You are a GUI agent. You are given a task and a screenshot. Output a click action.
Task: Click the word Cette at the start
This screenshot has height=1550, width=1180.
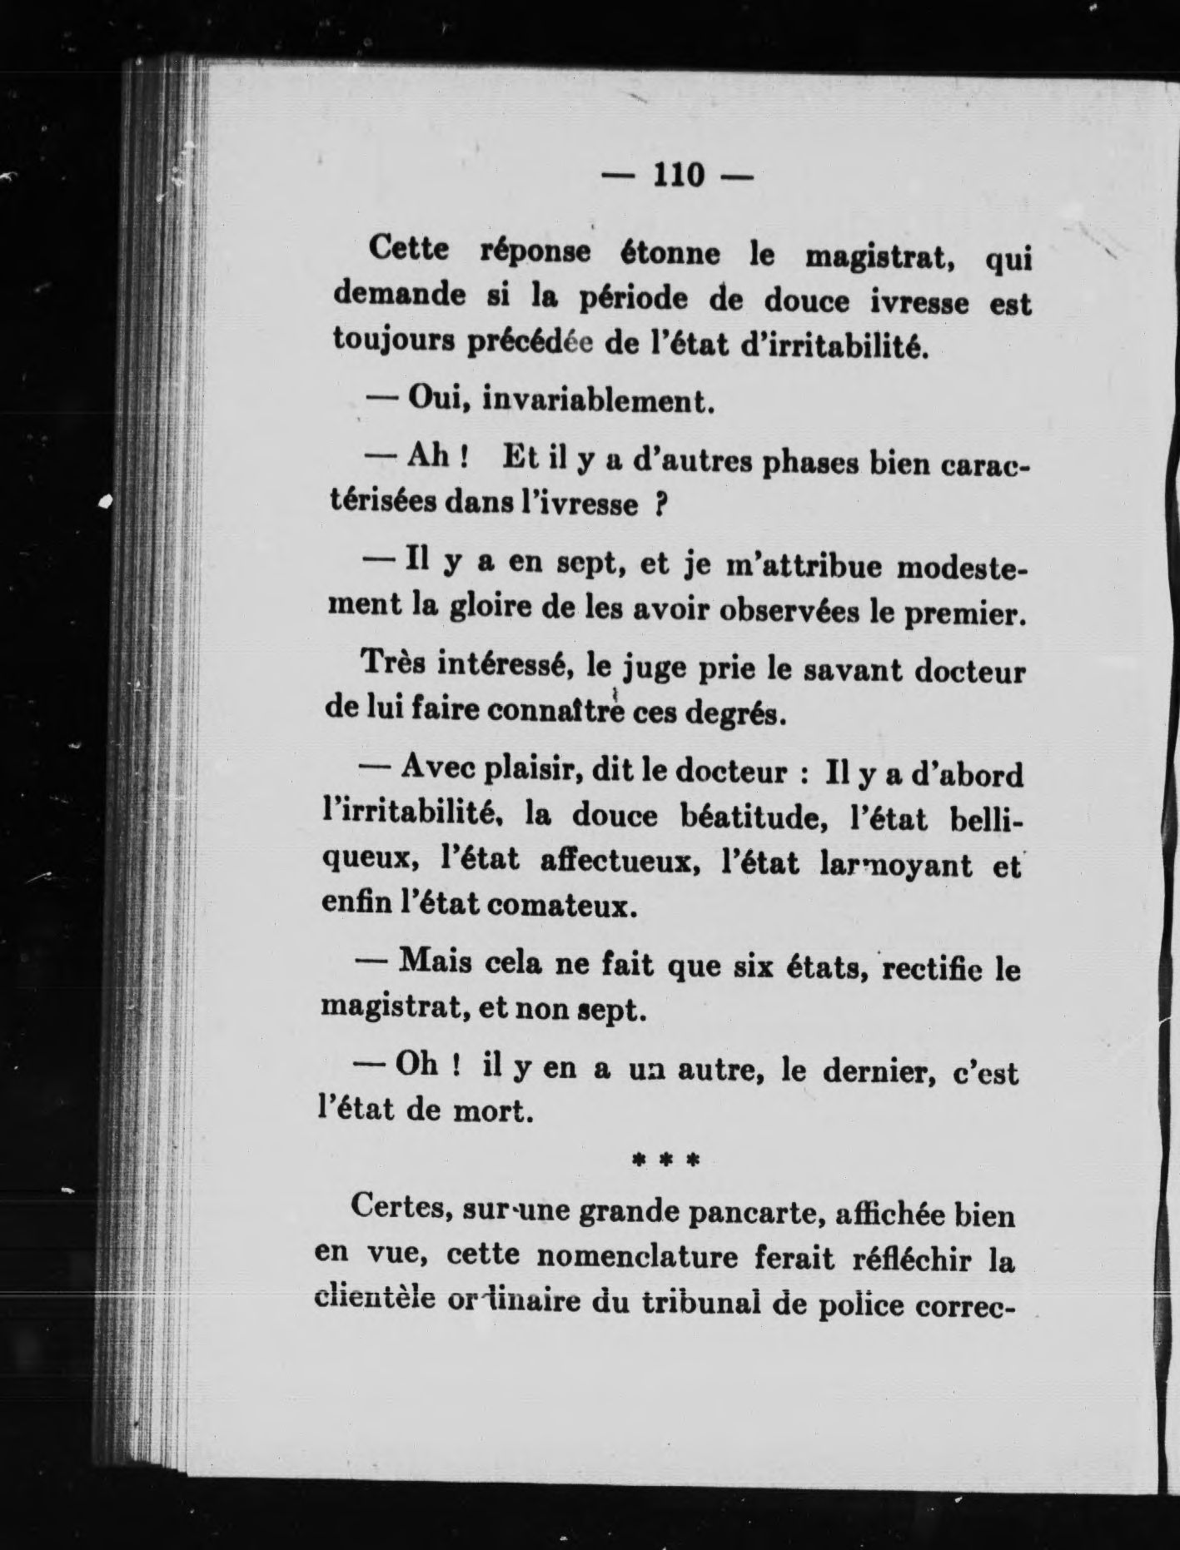pos(409,249)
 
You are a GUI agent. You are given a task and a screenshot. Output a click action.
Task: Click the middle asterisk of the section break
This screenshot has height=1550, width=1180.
pos(665,1160)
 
